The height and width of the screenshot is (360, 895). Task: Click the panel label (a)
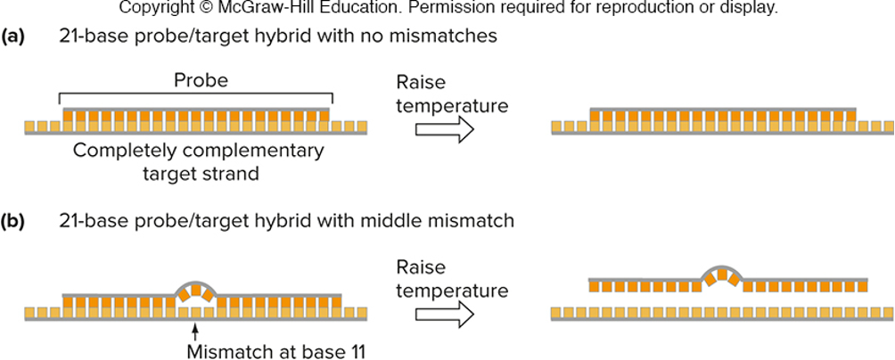12,37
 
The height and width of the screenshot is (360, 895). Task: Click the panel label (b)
12,221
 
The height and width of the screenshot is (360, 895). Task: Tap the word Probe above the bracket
201,80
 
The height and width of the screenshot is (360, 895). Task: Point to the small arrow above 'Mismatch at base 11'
193,333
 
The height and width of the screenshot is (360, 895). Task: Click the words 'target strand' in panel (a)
201,173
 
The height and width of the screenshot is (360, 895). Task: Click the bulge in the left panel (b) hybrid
194,290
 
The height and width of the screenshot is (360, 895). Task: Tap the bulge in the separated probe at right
723,274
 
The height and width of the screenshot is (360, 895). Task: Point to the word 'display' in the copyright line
749,9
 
